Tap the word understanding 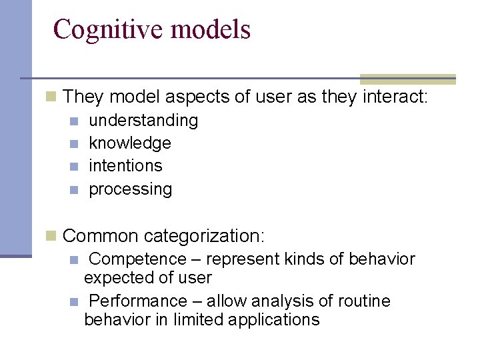[143, 121]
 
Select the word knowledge [130, 143]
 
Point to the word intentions [125, 166]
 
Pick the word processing [130, 189]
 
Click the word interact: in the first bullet [395, 97]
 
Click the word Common [101, 236]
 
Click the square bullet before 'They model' [51, 97]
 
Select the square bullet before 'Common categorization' [51, 235]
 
